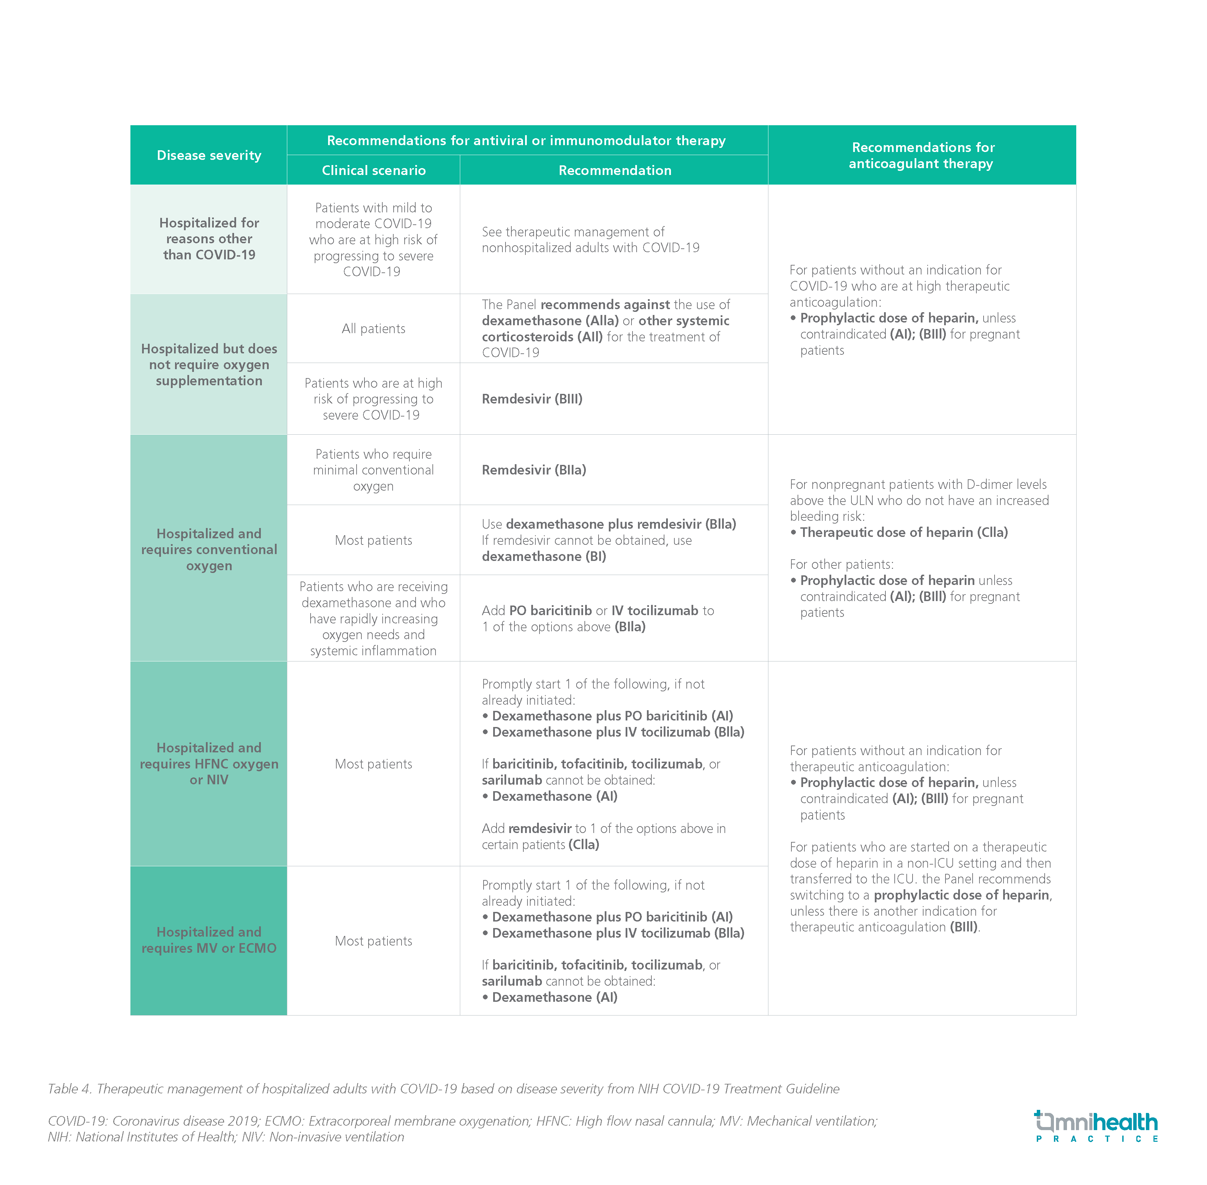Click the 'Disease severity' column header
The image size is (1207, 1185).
tap(209, 155)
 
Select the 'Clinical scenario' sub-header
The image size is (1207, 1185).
tap(373, 170)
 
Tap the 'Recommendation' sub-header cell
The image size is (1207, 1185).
tap(614, 170)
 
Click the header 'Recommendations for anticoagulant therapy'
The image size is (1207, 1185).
tap(922, 155)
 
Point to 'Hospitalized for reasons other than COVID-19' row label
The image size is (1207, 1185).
tap(209, 239)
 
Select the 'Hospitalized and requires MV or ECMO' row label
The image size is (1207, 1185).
tap(209, 940)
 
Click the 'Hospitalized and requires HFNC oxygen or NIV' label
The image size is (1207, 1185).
tap(209, 764)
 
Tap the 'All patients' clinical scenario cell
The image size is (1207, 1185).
tap(373, 329)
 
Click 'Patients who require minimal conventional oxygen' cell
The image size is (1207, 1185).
tap(373, 470)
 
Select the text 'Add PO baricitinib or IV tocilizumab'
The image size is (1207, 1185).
tap(597, 611)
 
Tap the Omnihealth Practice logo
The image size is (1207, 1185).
tap(1095, 1126)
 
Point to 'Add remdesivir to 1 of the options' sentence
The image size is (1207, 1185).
tap(603, 829)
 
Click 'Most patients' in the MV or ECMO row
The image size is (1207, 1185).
tap(373, 941)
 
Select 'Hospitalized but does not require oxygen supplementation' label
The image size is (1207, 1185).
tap(209, 365)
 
